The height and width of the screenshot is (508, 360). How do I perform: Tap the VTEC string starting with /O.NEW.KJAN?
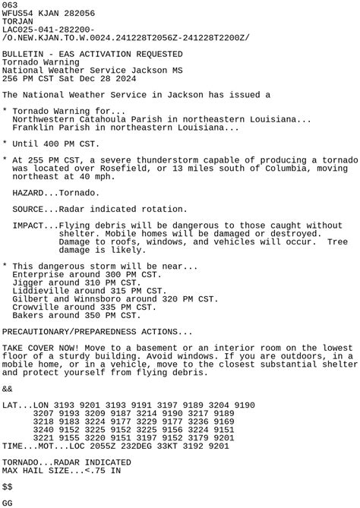[125, 37]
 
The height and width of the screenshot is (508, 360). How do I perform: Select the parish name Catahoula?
[101, 119]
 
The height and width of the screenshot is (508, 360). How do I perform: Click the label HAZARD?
[30, 193]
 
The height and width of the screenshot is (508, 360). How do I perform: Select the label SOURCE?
[30, 209]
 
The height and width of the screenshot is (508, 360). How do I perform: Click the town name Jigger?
[28, 282]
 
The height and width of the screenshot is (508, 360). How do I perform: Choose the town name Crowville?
[36, 307]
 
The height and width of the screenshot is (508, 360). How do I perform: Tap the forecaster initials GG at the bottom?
[8, 503]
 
